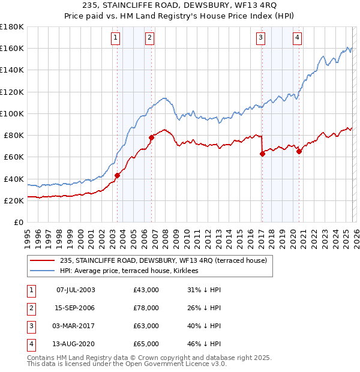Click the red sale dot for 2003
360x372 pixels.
tap(117, 175)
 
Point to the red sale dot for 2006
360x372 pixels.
tap(151, 137)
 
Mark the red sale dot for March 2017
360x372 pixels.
tap(262, 154)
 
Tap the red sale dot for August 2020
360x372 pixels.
tap(299, 151)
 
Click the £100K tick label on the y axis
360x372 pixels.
tap(12, 113)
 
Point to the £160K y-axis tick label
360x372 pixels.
tap(12, 48)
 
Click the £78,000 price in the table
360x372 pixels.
tap(146, 308)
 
